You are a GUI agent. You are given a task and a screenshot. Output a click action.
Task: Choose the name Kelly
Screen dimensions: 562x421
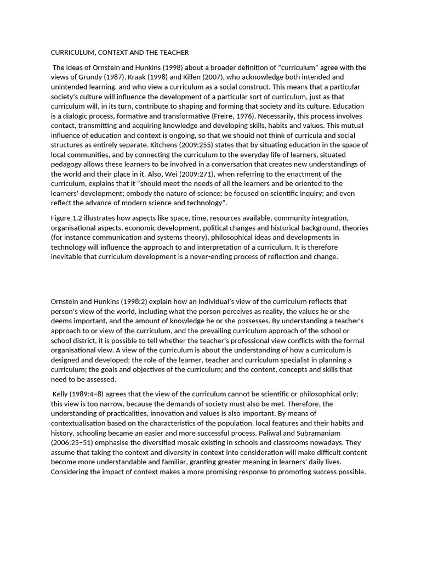(61, 394)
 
